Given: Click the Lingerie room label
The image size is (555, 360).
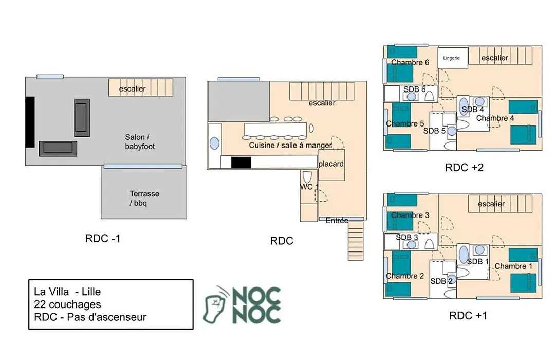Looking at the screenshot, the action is click(x=451, y=58).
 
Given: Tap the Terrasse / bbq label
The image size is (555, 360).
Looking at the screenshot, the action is click(x=144, y=199).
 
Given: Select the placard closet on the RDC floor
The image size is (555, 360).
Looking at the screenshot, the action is click(x=331, y=165).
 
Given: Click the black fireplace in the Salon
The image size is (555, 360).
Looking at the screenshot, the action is click(x=30, y=122).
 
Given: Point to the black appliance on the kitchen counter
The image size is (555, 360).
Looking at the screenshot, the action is click(x=241, y=163).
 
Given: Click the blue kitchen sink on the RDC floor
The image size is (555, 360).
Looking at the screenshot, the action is click(x=214, y=143).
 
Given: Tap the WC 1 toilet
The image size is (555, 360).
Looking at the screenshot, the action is click(x=307, y=177).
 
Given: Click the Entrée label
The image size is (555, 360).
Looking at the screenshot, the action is click(x=337, y=221).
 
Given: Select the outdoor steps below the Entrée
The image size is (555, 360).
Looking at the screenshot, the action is click(x=356, y=241).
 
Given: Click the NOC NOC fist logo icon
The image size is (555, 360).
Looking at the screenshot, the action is click(x=214, y=305).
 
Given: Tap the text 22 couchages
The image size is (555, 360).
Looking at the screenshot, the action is click(x=67, y=304).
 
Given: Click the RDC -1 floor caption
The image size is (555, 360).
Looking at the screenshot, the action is click(x=103, y=239).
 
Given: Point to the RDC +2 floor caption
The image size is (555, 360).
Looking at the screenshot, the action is click(x=464, y=167).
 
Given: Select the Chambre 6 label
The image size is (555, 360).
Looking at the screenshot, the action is click(x=410, y=63).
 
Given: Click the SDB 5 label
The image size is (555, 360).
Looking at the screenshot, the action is click(x=434, y=131).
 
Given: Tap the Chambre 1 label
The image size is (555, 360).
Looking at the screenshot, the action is click(x=513, y=266).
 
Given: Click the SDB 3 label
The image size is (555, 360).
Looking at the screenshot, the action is click(x=406, y=237).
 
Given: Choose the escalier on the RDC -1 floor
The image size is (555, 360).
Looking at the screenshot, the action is click(x=140, y=87).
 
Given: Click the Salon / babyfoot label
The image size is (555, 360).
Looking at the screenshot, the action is click(x=140, y=142).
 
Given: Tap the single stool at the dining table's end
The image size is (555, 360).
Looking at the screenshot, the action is click(x=311, y=128).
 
